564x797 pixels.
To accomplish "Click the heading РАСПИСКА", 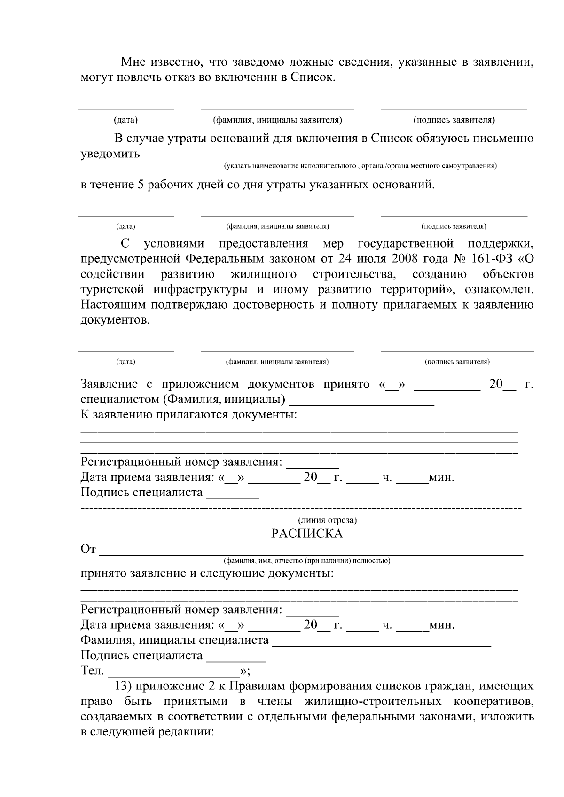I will [307, 534].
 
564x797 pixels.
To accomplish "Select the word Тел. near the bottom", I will [92, 671].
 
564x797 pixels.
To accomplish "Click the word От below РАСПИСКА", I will [88, 549].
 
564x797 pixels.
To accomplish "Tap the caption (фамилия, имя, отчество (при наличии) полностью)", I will [307, 560].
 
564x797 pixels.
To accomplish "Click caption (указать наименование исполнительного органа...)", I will [360, 166].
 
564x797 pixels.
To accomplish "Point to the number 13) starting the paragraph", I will [124, 686].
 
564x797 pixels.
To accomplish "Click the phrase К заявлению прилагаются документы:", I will [189, 415].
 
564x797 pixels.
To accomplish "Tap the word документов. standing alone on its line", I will [115, 320].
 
